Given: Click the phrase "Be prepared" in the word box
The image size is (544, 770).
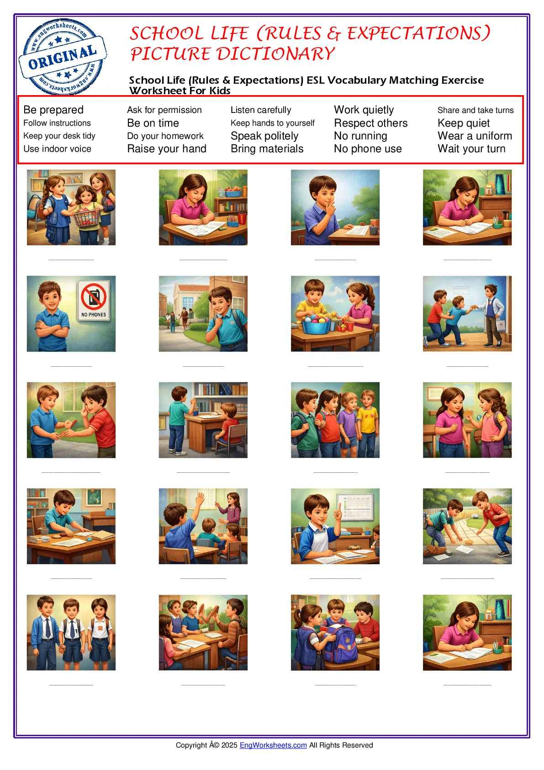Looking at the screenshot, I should click(53, 110).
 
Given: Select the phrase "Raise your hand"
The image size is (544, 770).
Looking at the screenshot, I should click(167, 149).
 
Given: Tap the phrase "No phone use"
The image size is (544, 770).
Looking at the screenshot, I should click(368, 149).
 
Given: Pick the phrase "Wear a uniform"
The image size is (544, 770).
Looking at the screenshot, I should click(475, 136).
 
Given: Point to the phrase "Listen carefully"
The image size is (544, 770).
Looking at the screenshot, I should click(261, 110).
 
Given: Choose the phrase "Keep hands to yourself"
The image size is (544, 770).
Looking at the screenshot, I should click(273, 123).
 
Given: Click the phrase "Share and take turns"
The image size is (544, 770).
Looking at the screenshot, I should click(475, 110).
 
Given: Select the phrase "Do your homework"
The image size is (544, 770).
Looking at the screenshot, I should click(165, 136).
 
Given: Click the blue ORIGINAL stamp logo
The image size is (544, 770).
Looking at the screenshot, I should click(63, 57).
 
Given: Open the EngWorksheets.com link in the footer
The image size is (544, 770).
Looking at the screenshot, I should click(273, 745).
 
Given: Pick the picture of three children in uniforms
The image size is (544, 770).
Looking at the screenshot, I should click(71, 632).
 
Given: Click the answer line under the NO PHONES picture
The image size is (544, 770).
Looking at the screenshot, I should click(71, 366).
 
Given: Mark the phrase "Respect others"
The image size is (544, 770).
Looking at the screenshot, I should click(370, 123).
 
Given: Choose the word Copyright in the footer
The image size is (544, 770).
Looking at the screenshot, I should click(191, 745).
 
